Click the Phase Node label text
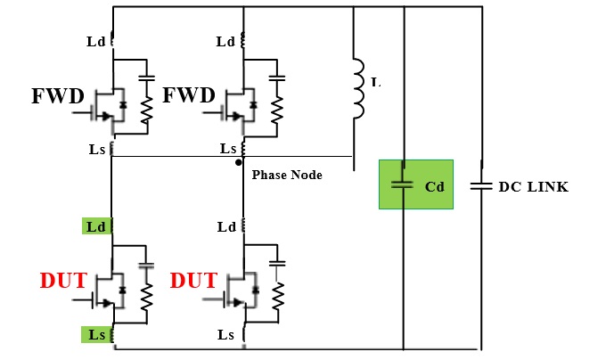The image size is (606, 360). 287,176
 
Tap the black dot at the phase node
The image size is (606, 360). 238,163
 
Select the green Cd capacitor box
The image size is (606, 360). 415,184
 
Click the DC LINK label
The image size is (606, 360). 533,187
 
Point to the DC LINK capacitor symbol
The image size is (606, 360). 481,186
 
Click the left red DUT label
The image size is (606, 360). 63,282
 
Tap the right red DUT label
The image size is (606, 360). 193,282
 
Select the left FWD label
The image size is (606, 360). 60,95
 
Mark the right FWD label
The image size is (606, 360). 189,95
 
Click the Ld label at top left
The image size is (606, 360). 96,42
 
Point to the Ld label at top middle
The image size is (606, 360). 226,42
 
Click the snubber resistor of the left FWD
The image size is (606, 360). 147,110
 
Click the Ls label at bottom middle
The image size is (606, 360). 226,334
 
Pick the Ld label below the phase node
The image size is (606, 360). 226,227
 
